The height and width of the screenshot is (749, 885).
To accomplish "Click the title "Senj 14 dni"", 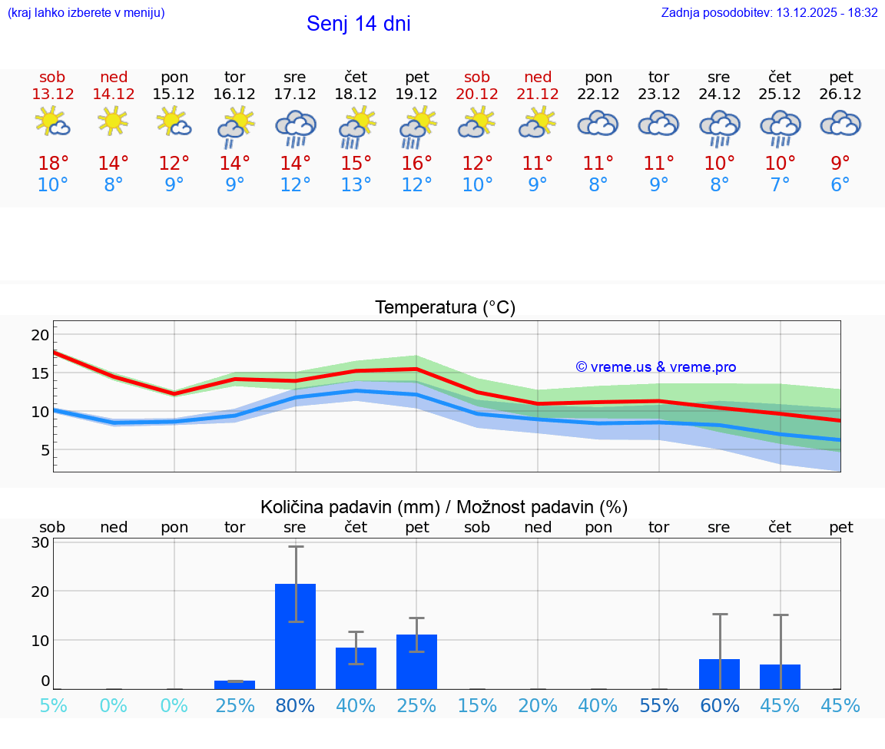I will [358, 24].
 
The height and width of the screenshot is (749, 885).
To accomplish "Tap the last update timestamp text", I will [769, 13].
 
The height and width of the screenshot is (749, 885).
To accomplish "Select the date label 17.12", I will [295, 94].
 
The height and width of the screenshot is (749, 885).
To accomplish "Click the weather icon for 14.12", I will [114, 122].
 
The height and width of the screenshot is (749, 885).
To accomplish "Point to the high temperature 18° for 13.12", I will [53, 164].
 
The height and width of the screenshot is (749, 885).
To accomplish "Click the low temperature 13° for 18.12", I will [356, 185].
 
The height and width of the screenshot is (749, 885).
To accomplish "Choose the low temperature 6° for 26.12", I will [840, 185].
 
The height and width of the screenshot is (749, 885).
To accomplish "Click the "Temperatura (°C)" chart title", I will [445, 308].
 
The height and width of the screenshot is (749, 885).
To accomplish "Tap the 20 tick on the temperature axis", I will [40, 335].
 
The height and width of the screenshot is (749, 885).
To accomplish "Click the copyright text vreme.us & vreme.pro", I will [655, 367].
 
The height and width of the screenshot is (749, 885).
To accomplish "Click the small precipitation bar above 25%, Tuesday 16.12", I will [234, 684].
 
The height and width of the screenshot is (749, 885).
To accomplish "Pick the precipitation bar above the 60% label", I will [719, 674].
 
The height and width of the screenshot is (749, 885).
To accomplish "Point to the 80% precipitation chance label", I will [295, 705].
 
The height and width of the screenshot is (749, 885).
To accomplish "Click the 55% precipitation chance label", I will [658, 705].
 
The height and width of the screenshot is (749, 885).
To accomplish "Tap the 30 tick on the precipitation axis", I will [40, 542].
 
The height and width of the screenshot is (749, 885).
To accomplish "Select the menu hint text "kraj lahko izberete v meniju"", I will [85, 13].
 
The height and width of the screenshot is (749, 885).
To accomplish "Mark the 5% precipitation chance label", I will [53, 705].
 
